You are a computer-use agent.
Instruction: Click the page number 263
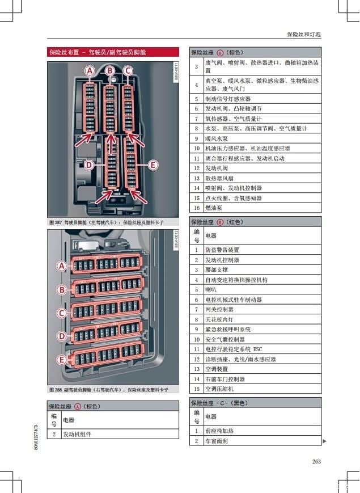pyautogui.click(x=316, y=461)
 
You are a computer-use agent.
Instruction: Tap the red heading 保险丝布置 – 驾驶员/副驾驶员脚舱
pyautogui.click(x=98, y=52)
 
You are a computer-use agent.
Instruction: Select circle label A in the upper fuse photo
pyautogui.click(x=90, y=71)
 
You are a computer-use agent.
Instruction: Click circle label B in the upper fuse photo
pyautogui.click(x=109, y=71)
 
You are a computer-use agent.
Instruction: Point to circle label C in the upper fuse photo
pyautogui.click(x=128, y=71)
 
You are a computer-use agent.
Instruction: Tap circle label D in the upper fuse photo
pyautogui.click(x=88, y=165)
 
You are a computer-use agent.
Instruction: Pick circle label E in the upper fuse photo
pyautogui.click(x=152, y=165)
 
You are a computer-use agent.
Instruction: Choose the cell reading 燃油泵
pyautogui.click(x=214, y=208)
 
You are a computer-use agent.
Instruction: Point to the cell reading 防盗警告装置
pyautogui.click(x=222, y=250)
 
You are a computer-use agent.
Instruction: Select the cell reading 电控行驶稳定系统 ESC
pyautogui.click(x=234, y=349)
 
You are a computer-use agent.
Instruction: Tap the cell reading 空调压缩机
pyautogui.click(x=219, y=389)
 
